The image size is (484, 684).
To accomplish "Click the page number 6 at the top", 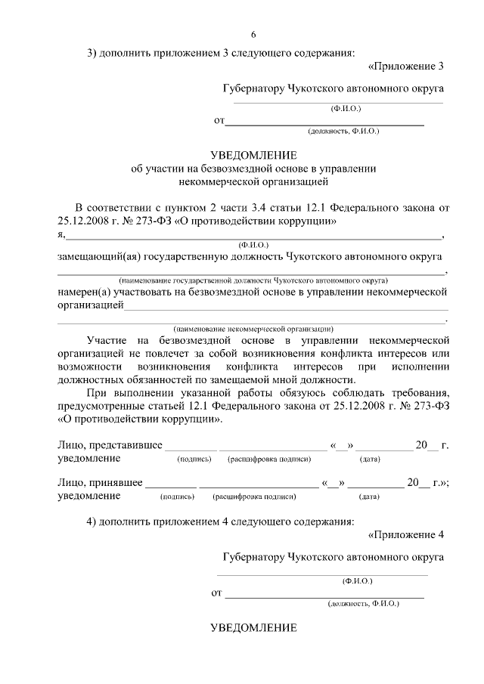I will [253, 34].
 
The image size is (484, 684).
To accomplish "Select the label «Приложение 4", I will [405, 535].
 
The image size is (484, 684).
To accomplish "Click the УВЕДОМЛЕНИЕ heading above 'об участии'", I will [253, 155].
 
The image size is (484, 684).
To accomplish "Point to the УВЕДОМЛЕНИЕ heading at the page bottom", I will [253, 629].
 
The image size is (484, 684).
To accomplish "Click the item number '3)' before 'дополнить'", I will [93, 53].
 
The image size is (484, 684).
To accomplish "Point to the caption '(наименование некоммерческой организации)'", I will [253, 330].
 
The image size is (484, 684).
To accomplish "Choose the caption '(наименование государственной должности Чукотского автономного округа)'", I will [253, 279].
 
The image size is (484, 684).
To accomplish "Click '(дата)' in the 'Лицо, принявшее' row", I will [370, 497].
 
